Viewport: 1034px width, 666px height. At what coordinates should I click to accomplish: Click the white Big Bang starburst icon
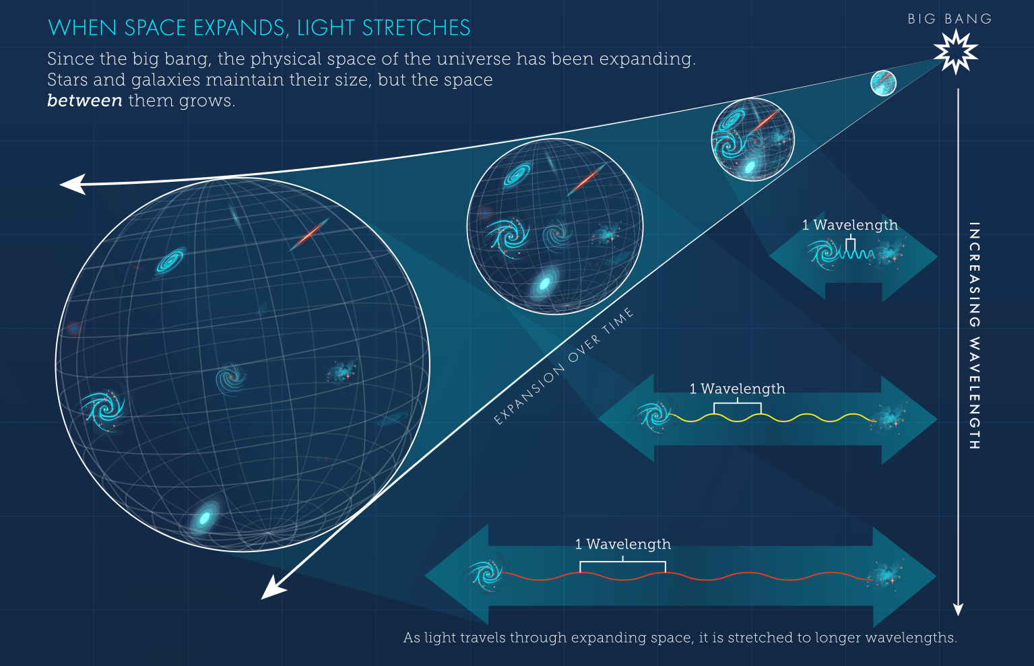pos(955,52)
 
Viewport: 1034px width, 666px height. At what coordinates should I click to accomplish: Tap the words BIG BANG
pos(949,19)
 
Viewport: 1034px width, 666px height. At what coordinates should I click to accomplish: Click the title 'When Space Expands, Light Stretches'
pos(259,28)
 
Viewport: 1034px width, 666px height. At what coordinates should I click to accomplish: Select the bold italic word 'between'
pos(85,101)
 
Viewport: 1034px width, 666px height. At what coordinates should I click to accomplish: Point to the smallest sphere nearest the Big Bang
pos(883,83)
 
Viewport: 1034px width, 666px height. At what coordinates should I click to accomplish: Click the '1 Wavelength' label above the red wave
pos(622,544)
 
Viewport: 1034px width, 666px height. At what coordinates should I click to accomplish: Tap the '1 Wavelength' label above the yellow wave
pos(737,389)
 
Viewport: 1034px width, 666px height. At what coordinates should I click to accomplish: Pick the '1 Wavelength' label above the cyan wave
pos(849,225)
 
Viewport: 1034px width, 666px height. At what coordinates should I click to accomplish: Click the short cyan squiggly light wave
pos(855,255)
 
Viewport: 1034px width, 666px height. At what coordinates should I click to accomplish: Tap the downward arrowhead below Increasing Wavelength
pos(958,609)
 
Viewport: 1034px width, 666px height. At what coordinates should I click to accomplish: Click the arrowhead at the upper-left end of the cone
pos(72,184)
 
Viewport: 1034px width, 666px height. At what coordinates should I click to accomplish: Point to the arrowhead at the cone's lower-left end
pos(273,588)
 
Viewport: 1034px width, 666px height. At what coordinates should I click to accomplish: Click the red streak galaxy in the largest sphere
pos(310,234)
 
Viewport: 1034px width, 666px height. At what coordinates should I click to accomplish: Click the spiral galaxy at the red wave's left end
pos(486,574)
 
